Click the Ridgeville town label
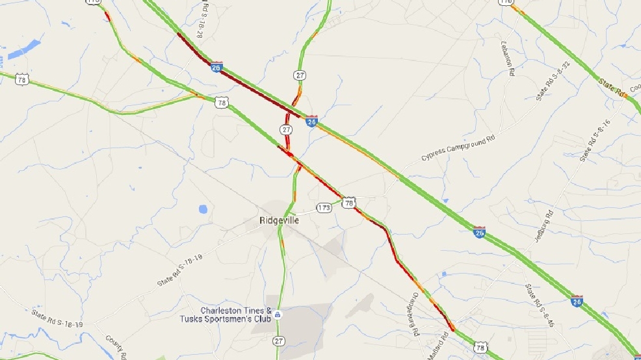pyautogui.click(x=279, y=221)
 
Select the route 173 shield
pyautogui.click(x=324, y=208)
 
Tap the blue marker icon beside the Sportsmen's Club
pyautogui.click(x=278, y=315)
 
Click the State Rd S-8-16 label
pyautogui.click(x=595, y=140)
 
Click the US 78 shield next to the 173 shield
pyautogui.click(x=349, y=203)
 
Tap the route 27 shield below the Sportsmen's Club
pyautogui.click(x=278, y=341)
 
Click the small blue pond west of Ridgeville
pyautogui.click(x=203, y=209)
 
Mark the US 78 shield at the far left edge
pyautogui.click(x=23, y=79)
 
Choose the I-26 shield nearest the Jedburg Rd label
pyautogui.click(x=479, y=232)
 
